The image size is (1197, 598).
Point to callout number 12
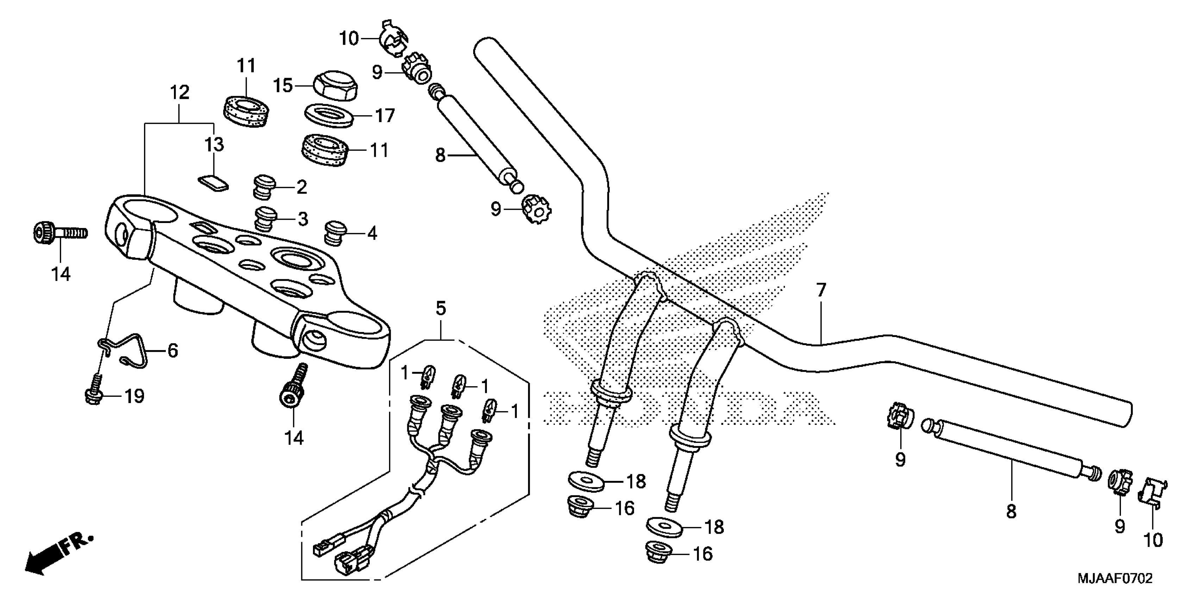(x=180, y=93)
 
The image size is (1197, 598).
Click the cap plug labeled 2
(x=264, y=186)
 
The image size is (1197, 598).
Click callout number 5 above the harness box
(x=440, y=308)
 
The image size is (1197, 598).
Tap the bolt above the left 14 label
(x=59, y=232)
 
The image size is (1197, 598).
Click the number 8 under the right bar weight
(x=1011, y=512)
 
